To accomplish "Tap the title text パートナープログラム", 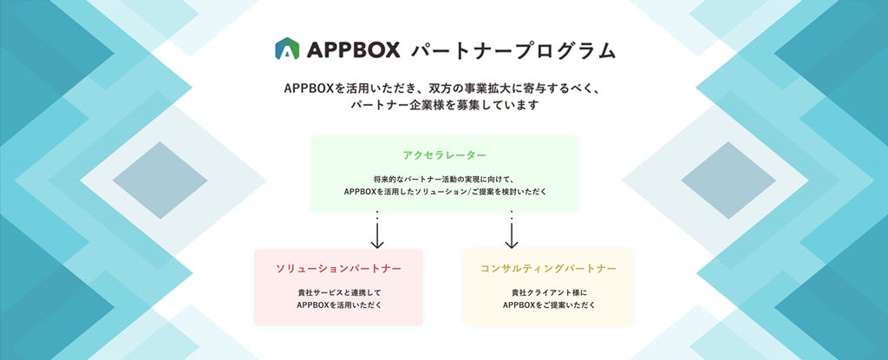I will click(x=513, y=50).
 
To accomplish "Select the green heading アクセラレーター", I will click(x=444, y=154).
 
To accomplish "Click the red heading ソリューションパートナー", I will click(x=338, y=268).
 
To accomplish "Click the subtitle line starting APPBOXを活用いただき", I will click(x=443, y=89).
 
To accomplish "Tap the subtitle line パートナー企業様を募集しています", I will click(x=444, y=106).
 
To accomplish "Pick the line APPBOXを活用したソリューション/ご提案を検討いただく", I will click(x=444, y=191).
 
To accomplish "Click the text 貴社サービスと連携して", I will click(x=338, y=292).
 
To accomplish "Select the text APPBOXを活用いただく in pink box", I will click(x=338, y=305).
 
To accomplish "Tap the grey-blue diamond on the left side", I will click(x=159, y=180).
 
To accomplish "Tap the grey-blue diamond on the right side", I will click(x=728, y=180).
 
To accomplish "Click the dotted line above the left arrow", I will click(x=377, y=214).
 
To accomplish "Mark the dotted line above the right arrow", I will click(x=512, y=214).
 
